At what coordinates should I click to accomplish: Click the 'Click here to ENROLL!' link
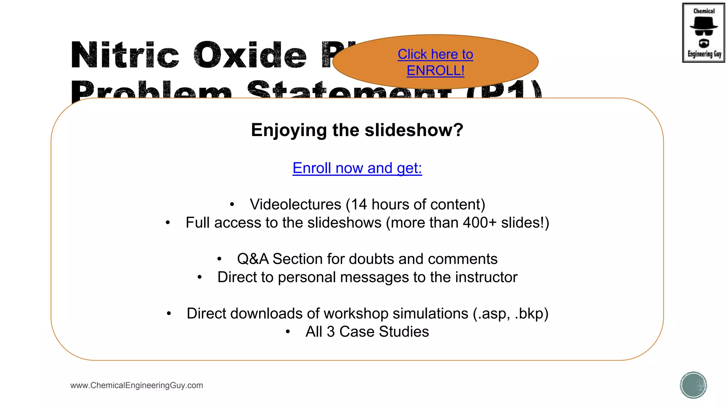coord(435,62)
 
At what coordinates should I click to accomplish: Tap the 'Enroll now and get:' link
coord(357,168)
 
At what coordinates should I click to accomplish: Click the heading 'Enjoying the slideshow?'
coord(357,130)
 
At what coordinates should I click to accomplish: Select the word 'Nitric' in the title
coord(125,55)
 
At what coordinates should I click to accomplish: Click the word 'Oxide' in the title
coord(250,55)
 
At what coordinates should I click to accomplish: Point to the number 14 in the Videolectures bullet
coord(359,204)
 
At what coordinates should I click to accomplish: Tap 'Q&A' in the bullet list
coord(253,259)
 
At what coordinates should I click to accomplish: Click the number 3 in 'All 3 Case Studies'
coord(330,332)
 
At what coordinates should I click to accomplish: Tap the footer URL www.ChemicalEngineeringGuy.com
coord(137,385)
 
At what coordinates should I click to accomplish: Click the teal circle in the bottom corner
coord(693,385)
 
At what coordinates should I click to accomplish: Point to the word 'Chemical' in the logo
coord(704,11)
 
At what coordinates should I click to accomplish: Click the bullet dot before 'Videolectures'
coord(232,204)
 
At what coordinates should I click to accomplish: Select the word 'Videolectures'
coord(295,204)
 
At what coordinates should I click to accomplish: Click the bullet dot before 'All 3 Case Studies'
coord(288,332)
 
